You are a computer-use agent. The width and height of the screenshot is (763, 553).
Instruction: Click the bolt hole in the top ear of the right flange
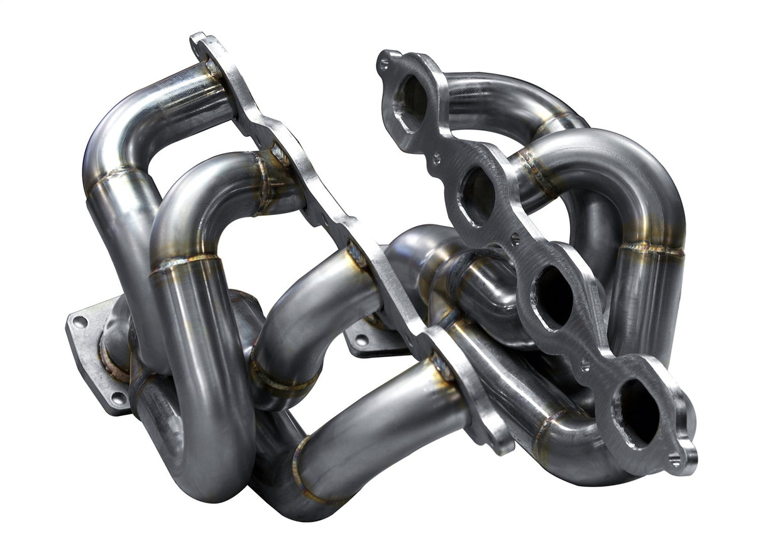(383, 61)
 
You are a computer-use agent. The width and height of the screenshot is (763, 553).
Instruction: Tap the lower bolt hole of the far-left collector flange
(116, 397)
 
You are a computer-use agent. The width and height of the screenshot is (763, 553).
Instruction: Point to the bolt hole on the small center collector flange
(361, 339)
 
